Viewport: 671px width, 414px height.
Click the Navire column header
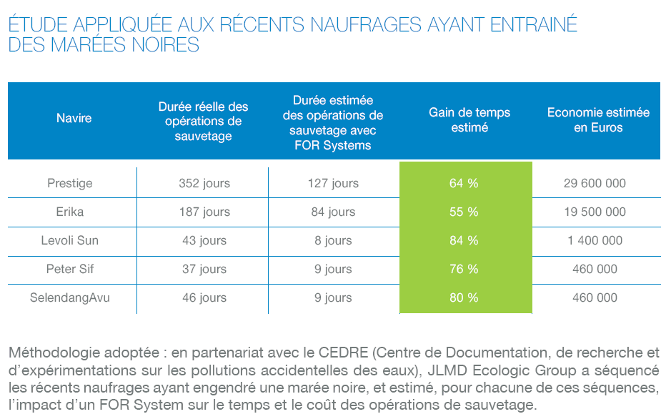pos(74,118)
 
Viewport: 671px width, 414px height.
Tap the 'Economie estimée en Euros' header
pos(598,120)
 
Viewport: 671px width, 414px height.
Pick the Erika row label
pos(70,212)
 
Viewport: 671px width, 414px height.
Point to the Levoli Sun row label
pos(69,240)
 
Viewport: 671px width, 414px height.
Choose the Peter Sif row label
pos(70,269)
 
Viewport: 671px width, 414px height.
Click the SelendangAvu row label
pos(69,297)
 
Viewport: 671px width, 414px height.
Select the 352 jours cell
pos(204,183)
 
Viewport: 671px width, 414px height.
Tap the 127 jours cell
pos(333,183)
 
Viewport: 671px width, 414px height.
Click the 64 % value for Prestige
pos(464,183)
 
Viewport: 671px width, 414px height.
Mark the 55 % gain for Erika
pos(464,212)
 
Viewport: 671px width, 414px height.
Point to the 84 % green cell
pos(464,240)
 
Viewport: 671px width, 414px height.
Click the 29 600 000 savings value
pos(595,183)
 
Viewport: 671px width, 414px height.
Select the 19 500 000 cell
pos(595,212)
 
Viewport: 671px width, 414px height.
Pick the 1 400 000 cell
pos(595,240)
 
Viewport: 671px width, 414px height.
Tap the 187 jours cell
pos(204,212)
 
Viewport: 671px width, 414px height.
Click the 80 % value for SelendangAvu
pos(464,297)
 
